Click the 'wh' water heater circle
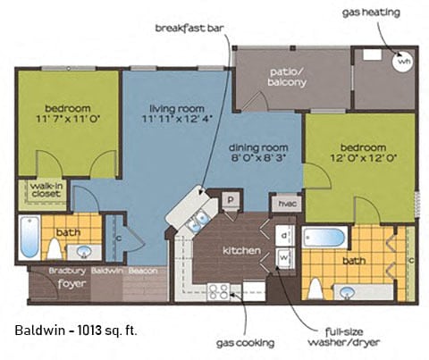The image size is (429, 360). (x=403, y=63)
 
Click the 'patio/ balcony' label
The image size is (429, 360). (x=288, y=76)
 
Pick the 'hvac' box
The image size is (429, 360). (x=287, y=204)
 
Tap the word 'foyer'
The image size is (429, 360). (x=69, y=288)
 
